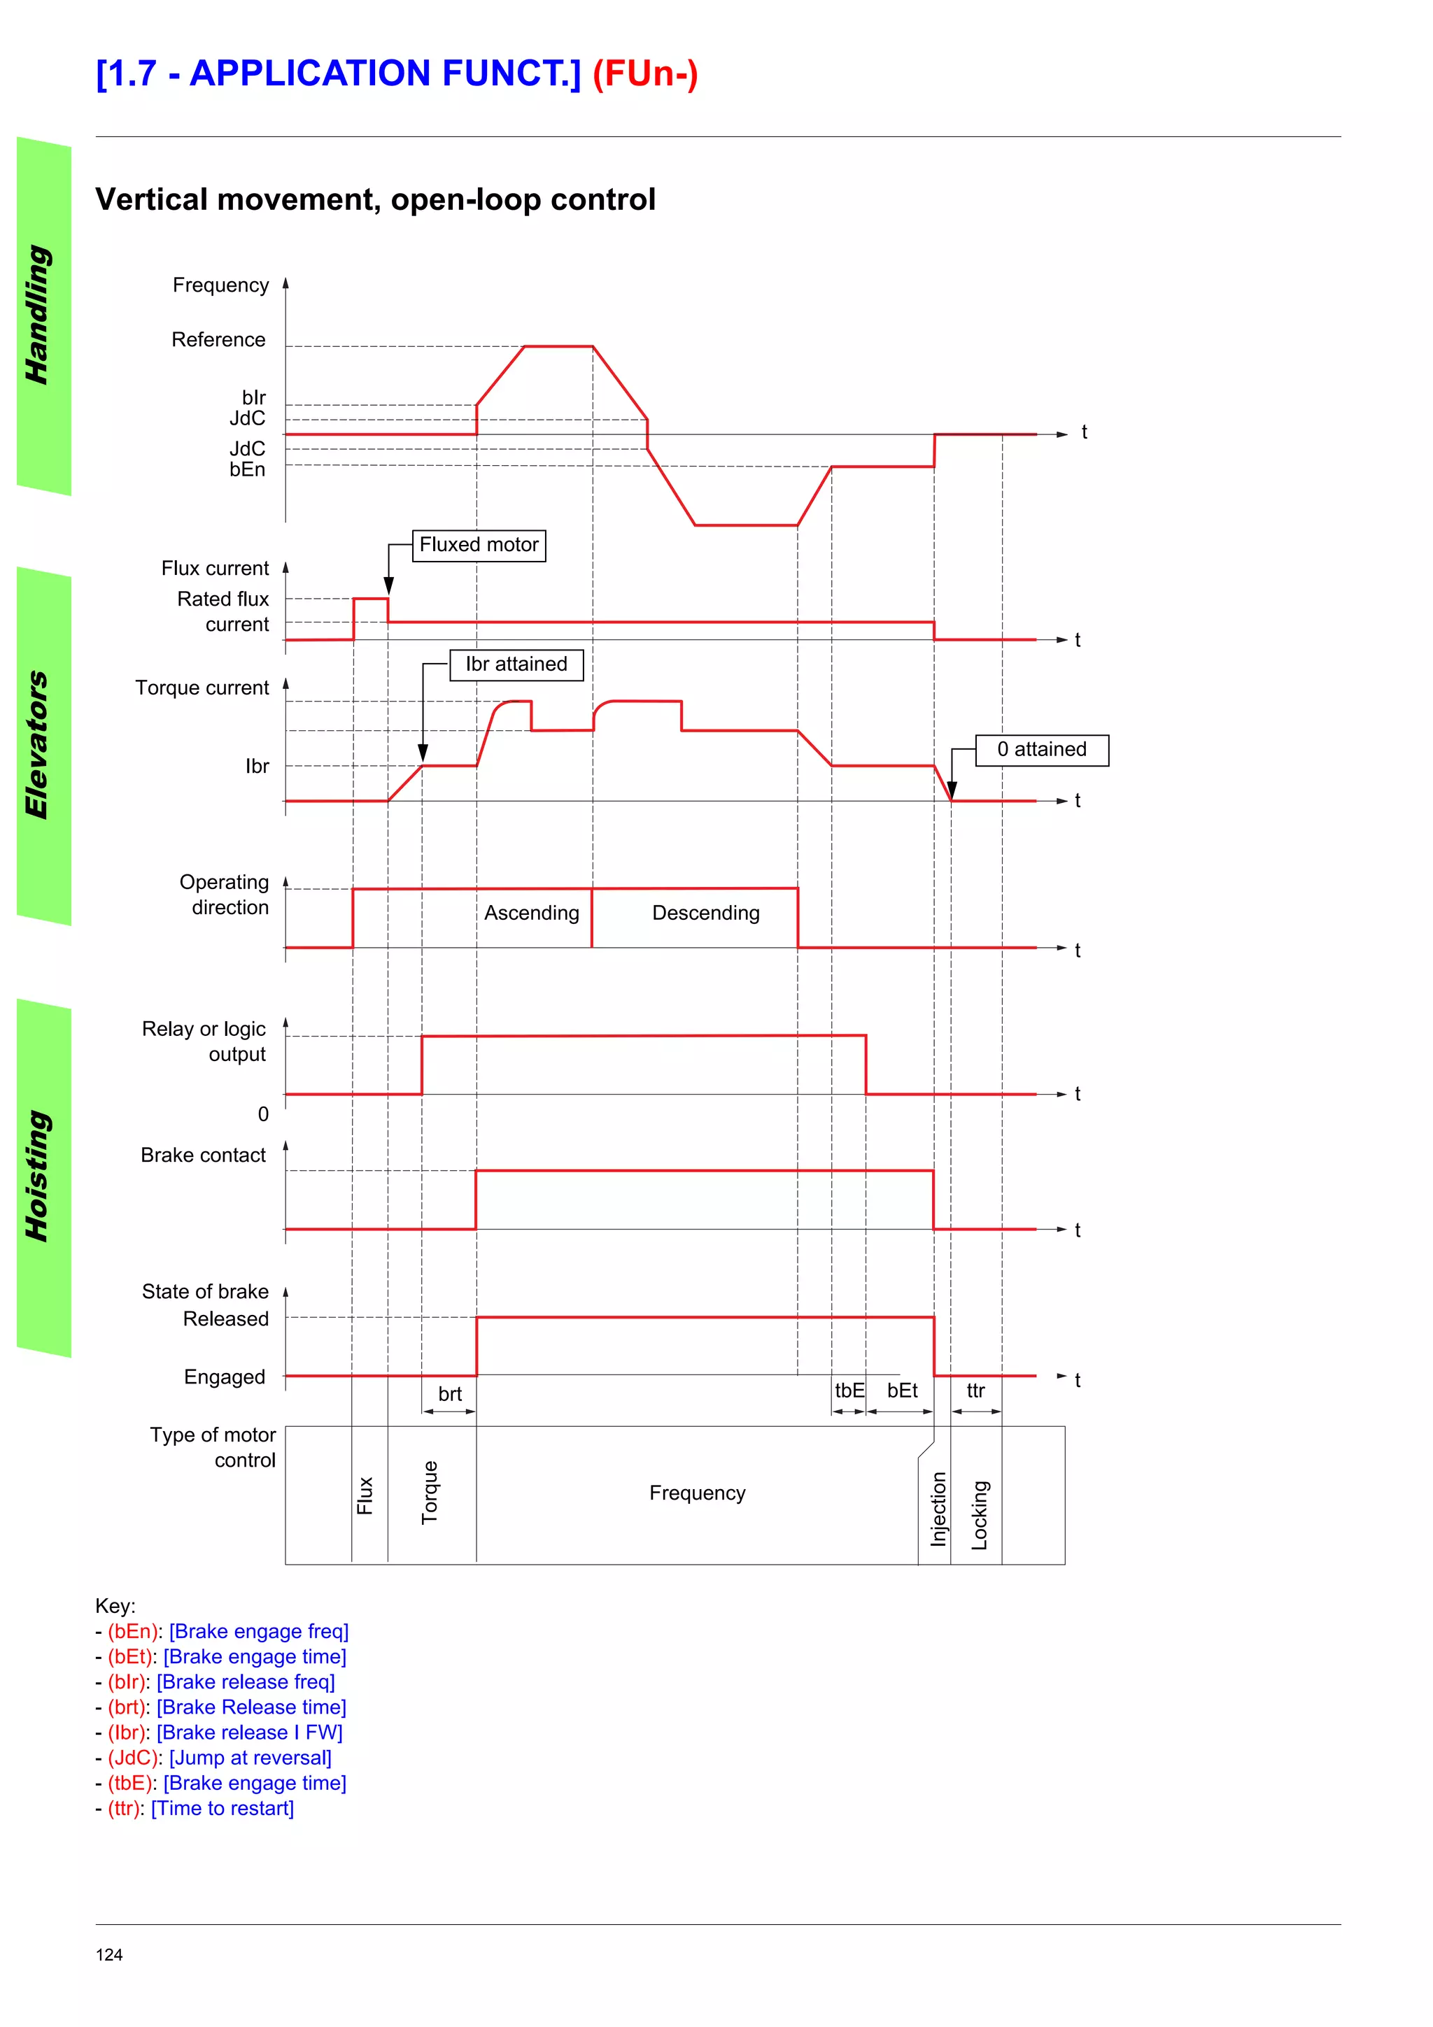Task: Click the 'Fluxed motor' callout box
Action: click(479, 545)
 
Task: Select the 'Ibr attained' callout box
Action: click(516, 664)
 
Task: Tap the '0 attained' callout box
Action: click(1042, 750)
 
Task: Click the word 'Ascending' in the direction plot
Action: click(532, 913)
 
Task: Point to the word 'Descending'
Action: click(705, 913)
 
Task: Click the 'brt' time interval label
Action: click(449, 1394)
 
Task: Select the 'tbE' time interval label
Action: click(849, 1391)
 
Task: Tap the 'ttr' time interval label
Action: click(975, 1391)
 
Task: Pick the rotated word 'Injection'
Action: click(938, 1509)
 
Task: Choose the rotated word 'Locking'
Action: click(979, 1515)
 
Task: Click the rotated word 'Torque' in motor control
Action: click(430, 1492)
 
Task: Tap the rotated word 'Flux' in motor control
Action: click(365, 1495)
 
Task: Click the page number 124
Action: click(109, 1954)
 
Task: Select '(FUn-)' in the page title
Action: click(644, 73)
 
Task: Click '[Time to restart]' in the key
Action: click(223, 1808)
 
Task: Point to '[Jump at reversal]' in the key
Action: click(250, 1758)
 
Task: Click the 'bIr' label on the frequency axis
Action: click(253, 397)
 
